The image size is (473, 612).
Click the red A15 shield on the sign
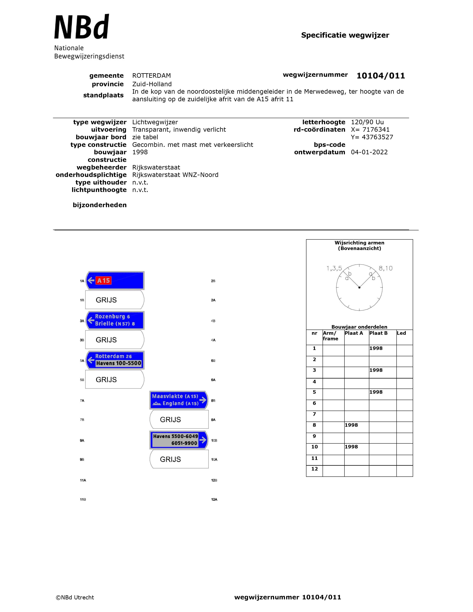tap(103, 280)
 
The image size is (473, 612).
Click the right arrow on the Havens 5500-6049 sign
tap(203, 440)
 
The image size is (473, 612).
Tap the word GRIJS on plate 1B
tap(106, 300)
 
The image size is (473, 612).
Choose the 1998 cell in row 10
tap(351, 447)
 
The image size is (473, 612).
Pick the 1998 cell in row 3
tap(376, 370)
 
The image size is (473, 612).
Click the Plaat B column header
tap(378, 333)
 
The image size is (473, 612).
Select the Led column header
tap(401, 333)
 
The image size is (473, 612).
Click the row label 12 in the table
tap(314, 469)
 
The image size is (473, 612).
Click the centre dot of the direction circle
tap(359, 287)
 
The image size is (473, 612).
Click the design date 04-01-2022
tap(369, 152)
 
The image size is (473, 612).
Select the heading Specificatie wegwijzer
tap(345, 35)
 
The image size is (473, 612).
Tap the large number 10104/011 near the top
tap(380, 76)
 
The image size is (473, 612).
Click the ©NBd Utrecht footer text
tap(75, 597)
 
